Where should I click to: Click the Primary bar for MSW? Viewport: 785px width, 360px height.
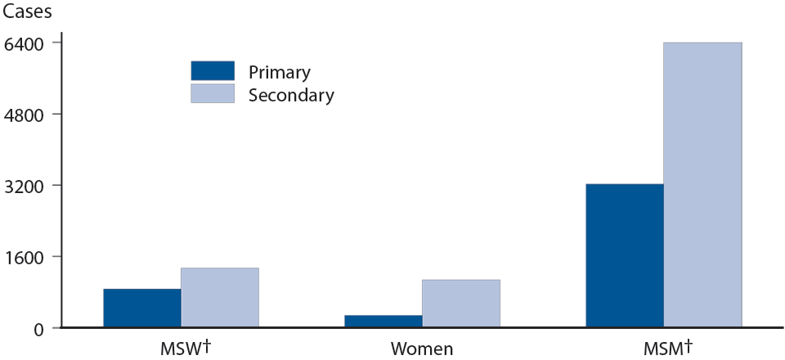tap(142, 308)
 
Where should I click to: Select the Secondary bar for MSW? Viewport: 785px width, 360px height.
tap(220, 298)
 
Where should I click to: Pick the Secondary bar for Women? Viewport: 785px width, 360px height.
tap(461, 304)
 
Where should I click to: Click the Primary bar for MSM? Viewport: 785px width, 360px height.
tap(625, 255)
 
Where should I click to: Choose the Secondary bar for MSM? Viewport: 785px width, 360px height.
tap(702, 185)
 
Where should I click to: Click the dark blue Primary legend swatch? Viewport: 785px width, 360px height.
tap(213, 71)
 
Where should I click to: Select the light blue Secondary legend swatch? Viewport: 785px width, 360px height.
tap(213, 94)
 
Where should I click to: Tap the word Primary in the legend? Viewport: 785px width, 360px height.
tap(279, 72)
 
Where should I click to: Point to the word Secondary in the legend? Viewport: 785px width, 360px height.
tap(291, 95)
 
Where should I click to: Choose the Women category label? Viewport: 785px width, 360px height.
tap(422, 349)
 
